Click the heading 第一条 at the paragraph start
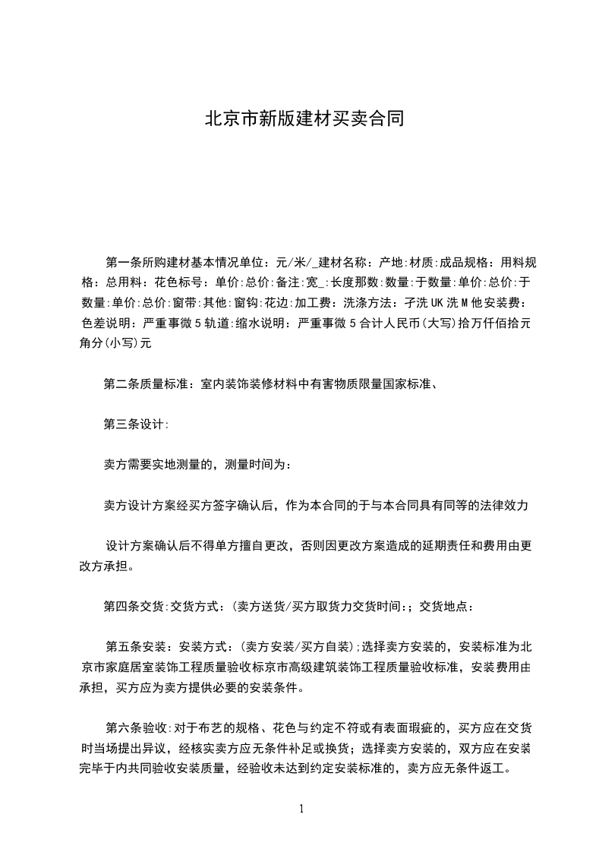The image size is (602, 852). pos(123,263)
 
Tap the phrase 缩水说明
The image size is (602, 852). pos(263,322)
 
